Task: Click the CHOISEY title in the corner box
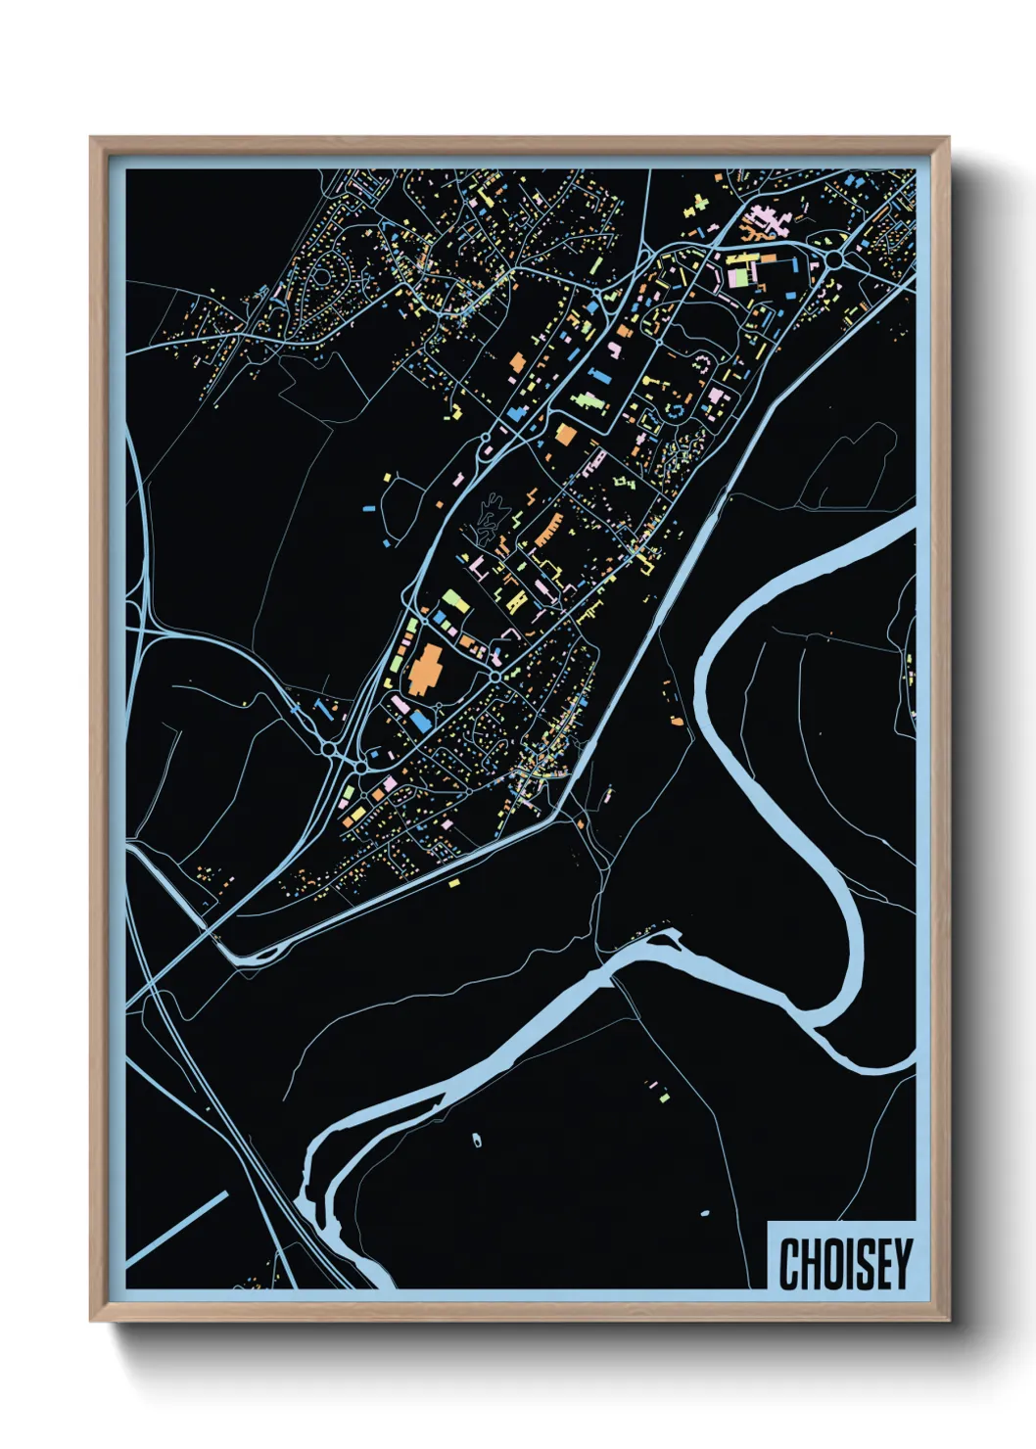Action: point(844,1263)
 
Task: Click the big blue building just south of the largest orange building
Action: point(420,720)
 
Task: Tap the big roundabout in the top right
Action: point(834,259)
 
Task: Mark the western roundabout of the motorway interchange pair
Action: point(329,749)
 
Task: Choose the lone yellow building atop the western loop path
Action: point(387,478)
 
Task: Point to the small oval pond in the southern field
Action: point(477,1140)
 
